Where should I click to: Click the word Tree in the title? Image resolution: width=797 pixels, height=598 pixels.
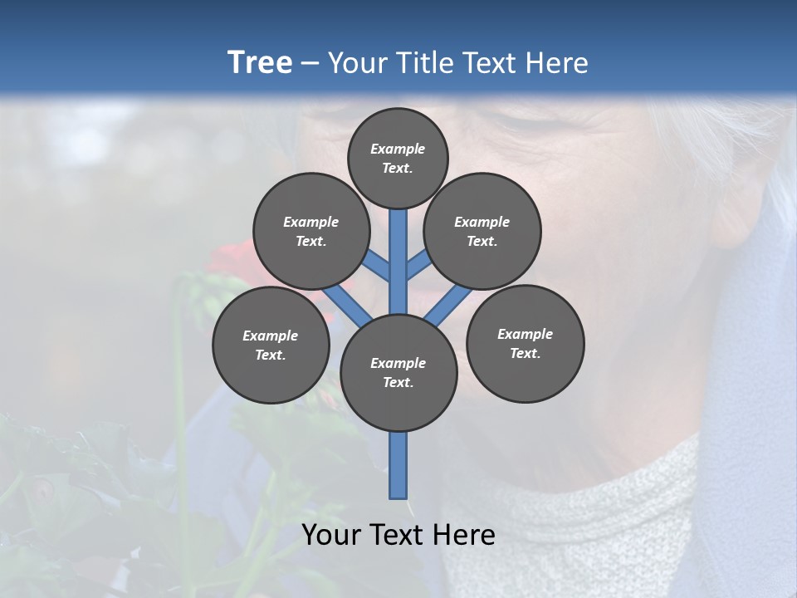click(x=259, y=63)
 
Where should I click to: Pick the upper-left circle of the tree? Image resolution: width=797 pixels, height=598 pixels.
click(x=311, y=232)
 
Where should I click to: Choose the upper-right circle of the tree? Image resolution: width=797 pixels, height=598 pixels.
click(x=482, y=232)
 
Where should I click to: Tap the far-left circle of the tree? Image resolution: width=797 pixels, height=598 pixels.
click(x=271, y=346)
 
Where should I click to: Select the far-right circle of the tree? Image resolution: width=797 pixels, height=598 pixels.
click(x=525, y=344)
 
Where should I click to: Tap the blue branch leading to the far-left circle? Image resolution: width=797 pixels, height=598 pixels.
click(x=346, y=302)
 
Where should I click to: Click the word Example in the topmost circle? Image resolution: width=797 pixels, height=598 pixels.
click(x=398, y=149)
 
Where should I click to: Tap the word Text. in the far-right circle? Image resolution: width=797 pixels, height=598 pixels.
click(x=525, y=353)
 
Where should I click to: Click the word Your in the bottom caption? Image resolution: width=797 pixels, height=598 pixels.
click(x=331, y=535)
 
